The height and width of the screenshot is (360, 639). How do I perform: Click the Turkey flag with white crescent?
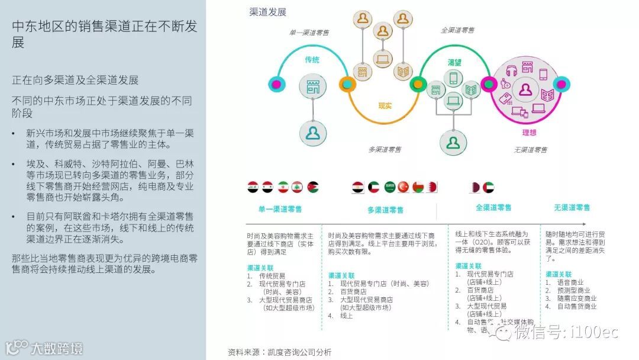(404, 187)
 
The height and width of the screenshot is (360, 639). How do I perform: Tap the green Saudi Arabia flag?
(389, 187)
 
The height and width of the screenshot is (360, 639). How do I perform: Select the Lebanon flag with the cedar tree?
(298, 187)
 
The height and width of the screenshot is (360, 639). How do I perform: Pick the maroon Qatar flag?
(475, 187)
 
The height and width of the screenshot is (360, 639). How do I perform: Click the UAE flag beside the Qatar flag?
(488, 187)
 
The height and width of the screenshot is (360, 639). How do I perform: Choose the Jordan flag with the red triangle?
(312, 187)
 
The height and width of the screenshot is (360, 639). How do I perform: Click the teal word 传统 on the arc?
(312, 60)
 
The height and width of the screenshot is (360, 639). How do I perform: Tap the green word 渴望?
(454, 62)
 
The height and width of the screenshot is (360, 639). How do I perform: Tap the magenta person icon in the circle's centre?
(525, 90)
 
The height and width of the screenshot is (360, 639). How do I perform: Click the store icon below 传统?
(312, 86)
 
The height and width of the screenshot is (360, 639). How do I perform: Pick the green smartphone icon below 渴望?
(454, 78)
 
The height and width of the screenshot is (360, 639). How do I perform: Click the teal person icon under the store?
(312, 132)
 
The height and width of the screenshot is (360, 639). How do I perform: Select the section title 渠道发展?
(268, 12)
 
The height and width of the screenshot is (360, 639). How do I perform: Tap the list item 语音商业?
(570, 282)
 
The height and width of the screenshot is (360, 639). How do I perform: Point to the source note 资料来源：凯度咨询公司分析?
(280, 352)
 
